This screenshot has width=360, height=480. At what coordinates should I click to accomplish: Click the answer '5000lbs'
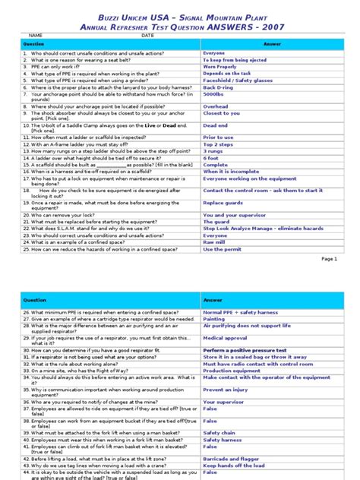pyautogui.click(x=213, y=95)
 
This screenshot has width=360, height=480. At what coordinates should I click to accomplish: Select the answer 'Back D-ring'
pyautogui.click(x=218, y=87)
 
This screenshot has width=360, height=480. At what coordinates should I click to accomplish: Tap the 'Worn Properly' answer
pyautogui.click(x=220, y=66)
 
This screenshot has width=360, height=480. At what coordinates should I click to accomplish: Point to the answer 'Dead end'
pyautogui.click(x=215, y=125)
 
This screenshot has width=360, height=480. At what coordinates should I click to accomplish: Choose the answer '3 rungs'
pyautogui.click(x=213, y=150)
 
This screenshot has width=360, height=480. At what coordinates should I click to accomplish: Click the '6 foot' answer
pyautogui.click(x=211, y=157)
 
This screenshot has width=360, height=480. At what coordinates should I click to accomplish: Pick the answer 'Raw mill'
pyautogui.click(x=213, y=242)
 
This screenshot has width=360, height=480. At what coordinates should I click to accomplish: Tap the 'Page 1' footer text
pyautogui.click(x=330, y=258)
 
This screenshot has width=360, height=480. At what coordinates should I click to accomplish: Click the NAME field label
pyautogui.click(x=35, y=35)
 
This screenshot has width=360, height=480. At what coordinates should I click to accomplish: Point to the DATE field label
pyautogui.click(x=147, y=35)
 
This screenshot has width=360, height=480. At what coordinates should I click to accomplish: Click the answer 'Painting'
pyautogui.click(x=214, y=318)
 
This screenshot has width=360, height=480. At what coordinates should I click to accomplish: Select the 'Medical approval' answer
pyautogui.click(x=225, y=337)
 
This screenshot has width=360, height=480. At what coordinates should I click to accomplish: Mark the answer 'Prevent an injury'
pyautogui.click(x=224, y=389)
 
